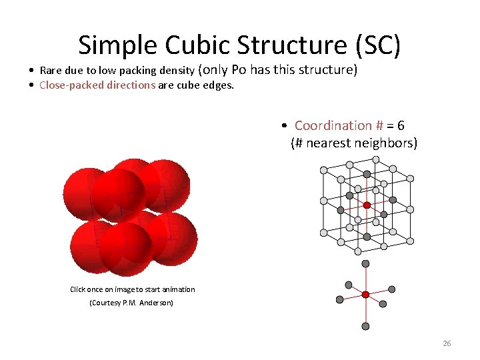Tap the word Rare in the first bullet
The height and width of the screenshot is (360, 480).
(51, 71)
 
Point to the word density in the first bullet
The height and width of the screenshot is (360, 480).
(176, 71)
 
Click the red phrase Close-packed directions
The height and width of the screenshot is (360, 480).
(97, 85)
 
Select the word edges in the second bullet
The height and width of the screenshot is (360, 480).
(219, 85)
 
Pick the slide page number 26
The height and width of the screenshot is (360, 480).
(447, 343)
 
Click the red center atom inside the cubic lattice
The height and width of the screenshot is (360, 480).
(367, 205)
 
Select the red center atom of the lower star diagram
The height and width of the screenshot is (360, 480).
(365, 294)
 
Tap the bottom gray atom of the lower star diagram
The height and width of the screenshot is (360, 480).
(365, 326)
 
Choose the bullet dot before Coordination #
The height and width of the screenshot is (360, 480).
(284, 126)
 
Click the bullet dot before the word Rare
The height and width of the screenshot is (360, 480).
(32, 71)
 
